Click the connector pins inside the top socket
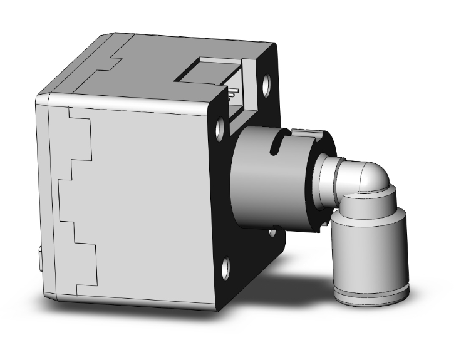[232, 94]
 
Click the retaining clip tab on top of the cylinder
[308, 132]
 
